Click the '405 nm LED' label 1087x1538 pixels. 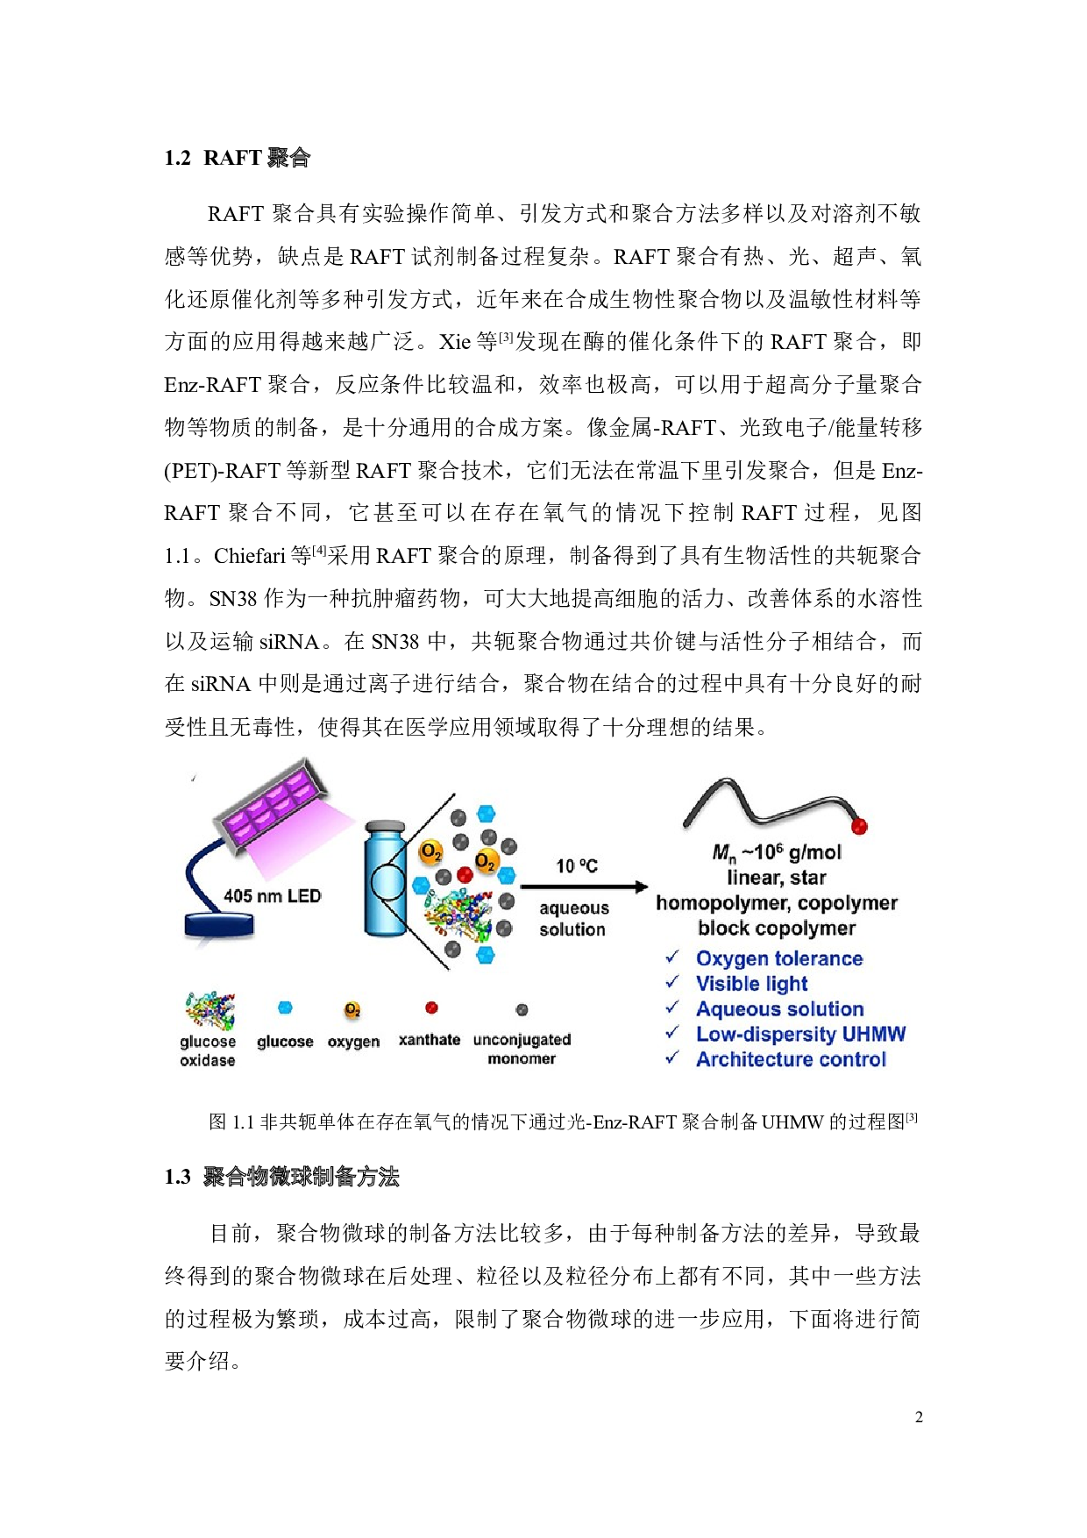(272, 896)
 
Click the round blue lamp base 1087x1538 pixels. (219, 925)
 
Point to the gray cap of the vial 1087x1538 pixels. (385, 827)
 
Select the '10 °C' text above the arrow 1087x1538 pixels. (577, 866)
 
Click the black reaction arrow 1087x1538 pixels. (584, 887)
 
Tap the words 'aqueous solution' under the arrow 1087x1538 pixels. (573, 919)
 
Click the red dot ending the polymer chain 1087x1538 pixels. (859, 826)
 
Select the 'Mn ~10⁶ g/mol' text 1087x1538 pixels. (777, 852)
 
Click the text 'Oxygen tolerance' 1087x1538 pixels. (779, 958)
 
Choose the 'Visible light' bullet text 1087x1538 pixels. (751, 984)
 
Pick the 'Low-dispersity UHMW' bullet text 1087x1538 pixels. (800, 1035)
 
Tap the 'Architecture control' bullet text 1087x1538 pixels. (791, 1059)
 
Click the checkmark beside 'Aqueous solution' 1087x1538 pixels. (672, 1008)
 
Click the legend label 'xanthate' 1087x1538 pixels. (430, 1040)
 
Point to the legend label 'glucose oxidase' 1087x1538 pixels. (208, 1050)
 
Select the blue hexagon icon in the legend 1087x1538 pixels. (285, 1008)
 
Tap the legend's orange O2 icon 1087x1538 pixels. (352, 1010)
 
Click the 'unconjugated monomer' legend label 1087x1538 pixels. (522, 1049)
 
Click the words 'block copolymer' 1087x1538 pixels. (777, 928)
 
